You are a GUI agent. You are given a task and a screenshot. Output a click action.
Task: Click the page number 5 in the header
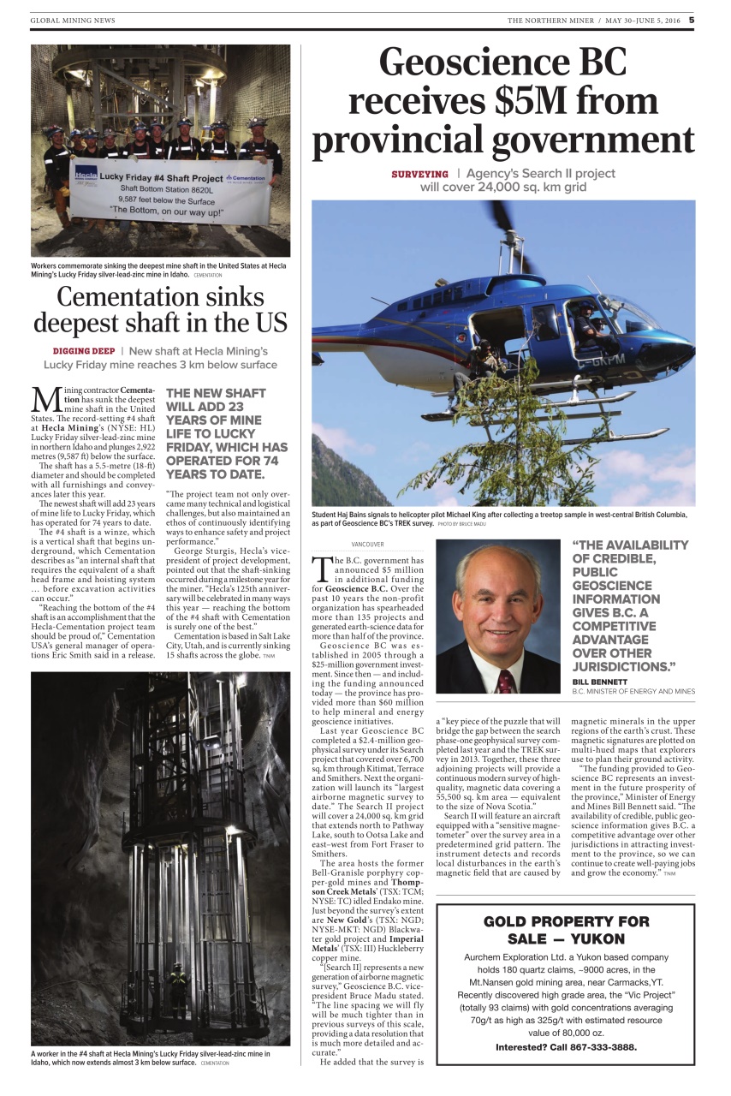coord(692,20)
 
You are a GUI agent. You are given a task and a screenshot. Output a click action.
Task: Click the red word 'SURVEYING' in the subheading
coord(419,174)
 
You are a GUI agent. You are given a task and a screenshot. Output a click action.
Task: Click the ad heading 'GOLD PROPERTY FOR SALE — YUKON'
coord(566,932)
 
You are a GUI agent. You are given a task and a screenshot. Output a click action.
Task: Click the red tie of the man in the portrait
coord(506,680)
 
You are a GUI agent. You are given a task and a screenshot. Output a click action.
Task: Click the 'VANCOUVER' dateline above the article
coord(367,544)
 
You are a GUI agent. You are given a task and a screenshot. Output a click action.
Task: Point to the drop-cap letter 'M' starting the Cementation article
coord(45,400)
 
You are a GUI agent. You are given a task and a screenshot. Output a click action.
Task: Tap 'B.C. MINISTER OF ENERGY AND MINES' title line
coord(633,691)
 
